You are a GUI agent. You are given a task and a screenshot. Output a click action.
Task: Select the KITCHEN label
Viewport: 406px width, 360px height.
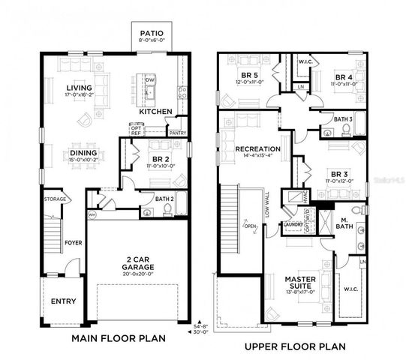coord(156,111)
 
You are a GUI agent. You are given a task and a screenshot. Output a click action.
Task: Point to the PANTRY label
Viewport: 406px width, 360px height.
coord(178,133)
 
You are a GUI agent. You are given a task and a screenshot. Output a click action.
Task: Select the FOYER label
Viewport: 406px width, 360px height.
coord(72,242)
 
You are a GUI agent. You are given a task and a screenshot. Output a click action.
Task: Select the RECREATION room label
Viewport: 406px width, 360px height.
coord(257,148)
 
